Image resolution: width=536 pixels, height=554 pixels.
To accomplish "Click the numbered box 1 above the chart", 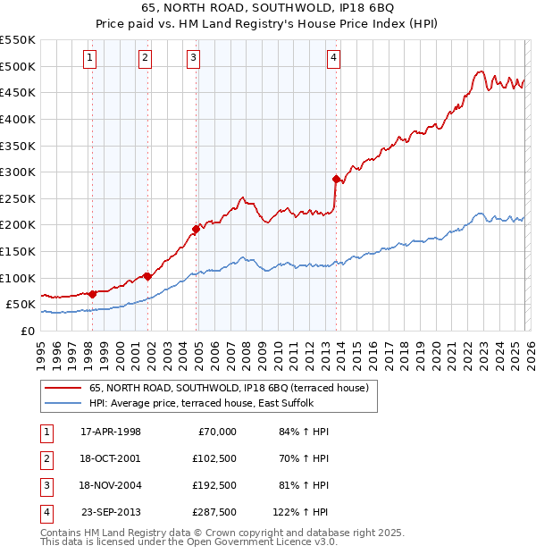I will point(91,59).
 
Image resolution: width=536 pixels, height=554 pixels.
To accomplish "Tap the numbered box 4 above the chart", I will point(332,59).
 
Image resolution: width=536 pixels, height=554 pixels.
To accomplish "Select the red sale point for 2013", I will point(336,179).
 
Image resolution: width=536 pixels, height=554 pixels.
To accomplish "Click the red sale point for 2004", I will point(197,229).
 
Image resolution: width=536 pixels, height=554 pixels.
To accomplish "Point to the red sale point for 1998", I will point(92,293).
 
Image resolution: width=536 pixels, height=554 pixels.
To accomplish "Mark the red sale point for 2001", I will point(147,276).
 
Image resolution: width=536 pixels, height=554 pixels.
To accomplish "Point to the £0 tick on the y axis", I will point(27,331).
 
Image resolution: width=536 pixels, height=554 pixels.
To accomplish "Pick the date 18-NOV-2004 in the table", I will point(111,485).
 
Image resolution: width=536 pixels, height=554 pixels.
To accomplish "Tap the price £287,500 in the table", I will point(214,512).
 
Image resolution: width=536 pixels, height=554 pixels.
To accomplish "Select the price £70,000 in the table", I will point(214,432).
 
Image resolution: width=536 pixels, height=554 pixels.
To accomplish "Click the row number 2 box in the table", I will point(46,458).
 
